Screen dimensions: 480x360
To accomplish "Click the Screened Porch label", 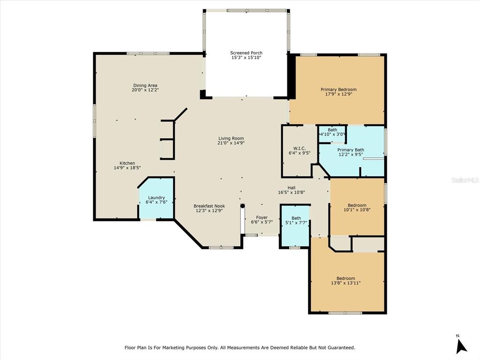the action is pyautogui.click(x=246, y=53).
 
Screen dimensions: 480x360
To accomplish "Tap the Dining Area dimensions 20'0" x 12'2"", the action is pyautogui.click(x=145, y=90).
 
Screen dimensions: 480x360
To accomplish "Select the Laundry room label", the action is pyautogui.click(x=157, y=198).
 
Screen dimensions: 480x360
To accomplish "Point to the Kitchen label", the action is pyautogui.click(x=127, y=163).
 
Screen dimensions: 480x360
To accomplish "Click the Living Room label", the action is pyautogui.click(x=231, y=138).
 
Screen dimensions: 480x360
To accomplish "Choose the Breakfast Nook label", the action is pyautogui.click(x=210, y=206).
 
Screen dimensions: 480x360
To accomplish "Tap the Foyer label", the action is pyautogui.click(x=262, y=217).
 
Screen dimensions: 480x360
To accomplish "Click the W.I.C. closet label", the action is pyautogui.click(x=300, y=148).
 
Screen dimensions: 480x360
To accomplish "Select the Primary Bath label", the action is pyautogui.click(x=351, y=150).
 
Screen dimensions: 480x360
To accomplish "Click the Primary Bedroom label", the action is pyautogui.click(x=338, y=90).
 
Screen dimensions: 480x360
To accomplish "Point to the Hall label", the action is pyautogui.click(x=292, y=187).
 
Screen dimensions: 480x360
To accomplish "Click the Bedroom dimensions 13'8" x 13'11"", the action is pyautogui.click(x=345, y=283).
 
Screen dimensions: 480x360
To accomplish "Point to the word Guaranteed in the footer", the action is pyautogui.click(x=341, y=348).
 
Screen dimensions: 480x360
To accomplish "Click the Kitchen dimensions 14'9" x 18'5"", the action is pyautogui.click(x=127, y=168).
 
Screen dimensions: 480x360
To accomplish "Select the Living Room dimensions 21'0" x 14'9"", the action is pyautogui.click(x=231, y=143).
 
